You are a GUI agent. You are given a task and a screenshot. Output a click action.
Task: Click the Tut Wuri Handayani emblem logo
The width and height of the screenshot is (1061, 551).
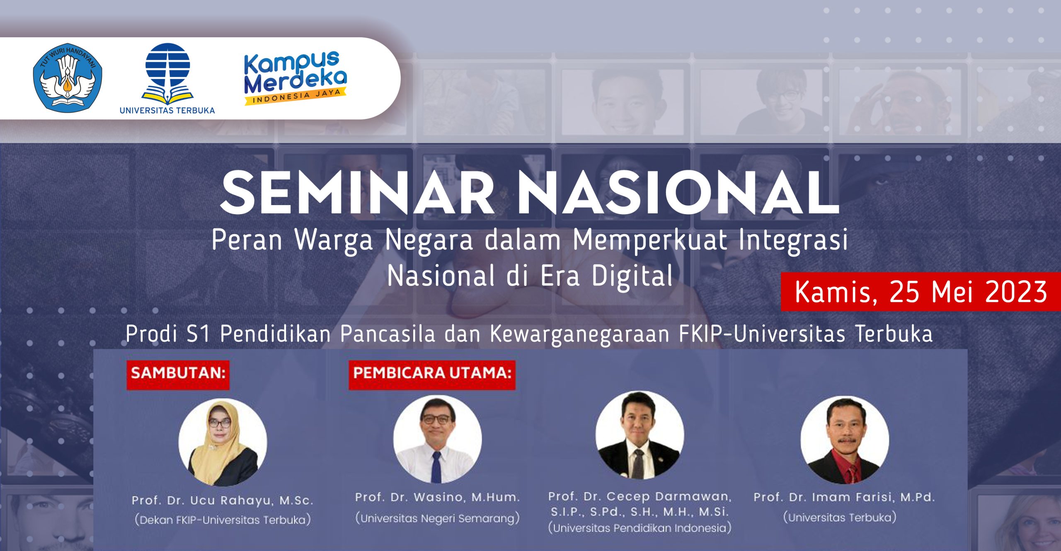(x=68, y=78)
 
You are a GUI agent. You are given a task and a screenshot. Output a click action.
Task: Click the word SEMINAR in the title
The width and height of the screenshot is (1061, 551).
(x=357, y=193)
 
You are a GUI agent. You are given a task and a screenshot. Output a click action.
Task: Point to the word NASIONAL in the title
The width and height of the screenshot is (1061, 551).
(x=679, y=193)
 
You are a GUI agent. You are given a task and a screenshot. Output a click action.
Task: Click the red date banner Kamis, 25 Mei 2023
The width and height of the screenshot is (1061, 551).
(x=920, y=292)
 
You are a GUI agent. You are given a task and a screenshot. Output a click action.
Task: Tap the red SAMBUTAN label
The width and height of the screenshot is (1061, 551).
(x=178, y=373)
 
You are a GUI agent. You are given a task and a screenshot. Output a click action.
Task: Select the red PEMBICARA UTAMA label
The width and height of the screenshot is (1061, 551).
(x=432, y=373)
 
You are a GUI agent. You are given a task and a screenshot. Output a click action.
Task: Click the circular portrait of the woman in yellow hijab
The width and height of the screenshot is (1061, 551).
(x=223, y=442)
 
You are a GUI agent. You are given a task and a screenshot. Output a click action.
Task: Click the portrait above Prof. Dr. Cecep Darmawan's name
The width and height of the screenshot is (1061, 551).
(x=640, y=435)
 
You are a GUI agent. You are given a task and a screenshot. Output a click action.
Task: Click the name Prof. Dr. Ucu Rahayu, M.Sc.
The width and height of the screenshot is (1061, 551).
(x=222, y=500)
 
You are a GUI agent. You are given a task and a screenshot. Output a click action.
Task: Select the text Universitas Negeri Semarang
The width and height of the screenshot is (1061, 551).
(x=437, y=518)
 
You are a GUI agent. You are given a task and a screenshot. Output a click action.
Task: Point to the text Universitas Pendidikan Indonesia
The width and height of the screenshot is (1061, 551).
(x=640, y=528)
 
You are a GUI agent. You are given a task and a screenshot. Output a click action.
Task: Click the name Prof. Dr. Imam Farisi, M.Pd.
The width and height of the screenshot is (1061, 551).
(x=844, y=497)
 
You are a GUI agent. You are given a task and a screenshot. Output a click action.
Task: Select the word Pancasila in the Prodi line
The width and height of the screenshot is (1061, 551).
(x=388, y=334)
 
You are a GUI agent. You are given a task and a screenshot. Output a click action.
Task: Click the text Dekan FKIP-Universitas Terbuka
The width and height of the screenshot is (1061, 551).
(x=223, y=520)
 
